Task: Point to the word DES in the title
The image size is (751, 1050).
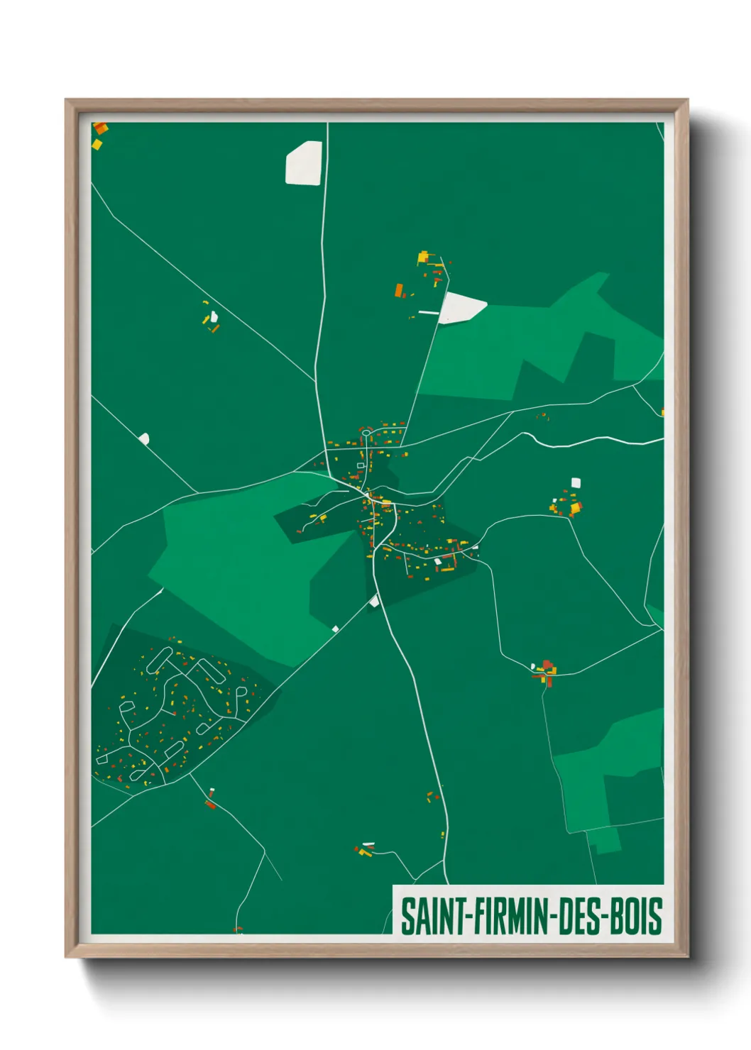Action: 579,916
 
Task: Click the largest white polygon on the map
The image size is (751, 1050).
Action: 304,164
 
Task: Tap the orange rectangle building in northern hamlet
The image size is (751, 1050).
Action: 399,289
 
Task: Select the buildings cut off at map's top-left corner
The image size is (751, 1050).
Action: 99,135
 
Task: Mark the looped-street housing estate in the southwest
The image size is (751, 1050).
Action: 177,709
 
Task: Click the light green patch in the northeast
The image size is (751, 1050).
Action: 539,341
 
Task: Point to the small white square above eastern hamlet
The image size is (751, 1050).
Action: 576,482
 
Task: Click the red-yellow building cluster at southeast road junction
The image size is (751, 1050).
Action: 546,670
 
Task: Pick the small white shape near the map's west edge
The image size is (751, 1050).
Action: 145,438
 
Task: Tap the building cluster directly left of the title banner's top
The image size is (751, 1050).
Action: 365,849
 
